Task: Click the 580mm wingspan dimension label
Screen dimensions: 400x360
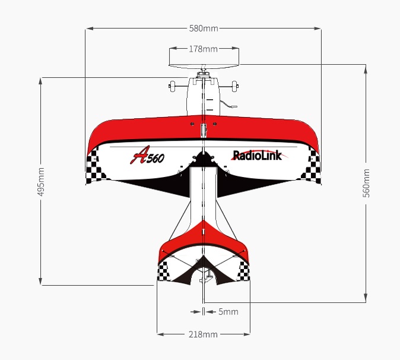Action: pos(204,28)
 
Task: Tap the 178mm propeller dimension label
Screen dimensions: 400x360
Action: pos(204,49)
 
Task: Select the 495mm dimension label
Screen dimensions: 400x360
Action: pos(41,182)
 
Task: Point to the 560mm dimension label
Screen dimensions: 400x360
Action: pos(366,183)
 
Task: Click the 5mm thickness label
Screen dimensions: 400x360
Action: pos(228,312)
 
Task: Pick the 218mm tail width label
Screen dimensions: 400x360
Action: pos(203,334)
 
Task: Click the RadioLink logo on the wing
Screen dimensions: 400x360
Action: pos(258,155)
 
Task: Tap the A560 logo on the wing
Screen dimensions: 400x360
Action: pos(147,155)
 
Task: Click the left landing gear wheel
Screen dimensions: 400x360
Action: pos(173,86)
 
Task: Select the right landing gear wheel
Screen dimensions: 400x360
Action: pos(234,86)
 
